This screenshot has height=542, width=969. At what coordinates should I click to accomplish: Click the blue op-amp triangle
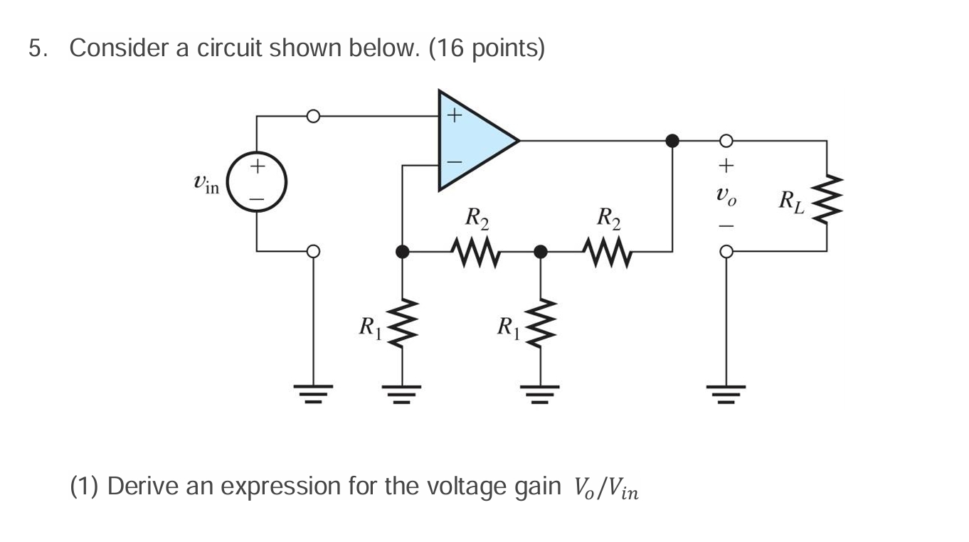coord(470,141)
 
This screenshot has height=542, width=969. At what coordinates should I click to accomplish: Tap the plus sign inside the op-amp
coord(454,113)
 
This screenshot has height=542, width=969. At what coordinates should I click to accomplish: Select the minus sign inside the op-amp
coord(454,163)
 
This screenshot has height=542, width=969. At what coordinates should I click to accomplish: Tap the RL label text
coord(791,201)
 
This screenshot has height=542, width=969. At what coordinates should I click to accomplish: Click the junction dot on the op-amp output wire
coord(671,140)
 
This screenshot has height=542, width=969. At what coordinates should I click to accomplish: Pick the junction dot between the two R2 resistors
coord(541,251)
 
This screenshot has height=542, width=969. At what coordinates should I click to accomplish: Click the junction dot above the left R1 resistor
coord(403,251)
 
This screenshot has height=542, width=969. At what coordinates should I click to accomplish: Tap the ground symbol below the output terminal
coord(726,393)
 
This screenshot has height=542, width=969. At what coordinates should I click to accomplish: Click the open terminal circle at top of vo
coord(726,140)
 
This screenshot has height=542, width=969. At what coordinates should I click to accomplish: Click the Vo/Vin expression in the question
coord(605,488)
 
